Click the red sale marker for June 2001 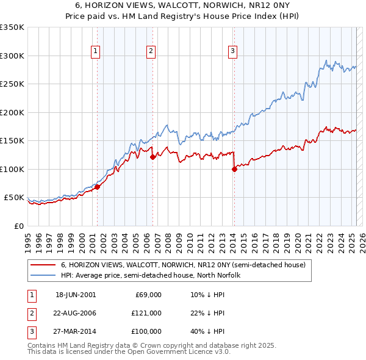(x=98, y=187)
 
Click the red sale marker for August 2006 (x=152, y=157)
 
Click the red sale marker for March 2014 (x=234, y=170)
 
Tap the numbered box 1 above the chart (x=96, y=52)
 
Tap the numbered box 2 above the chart (x=151, y=52)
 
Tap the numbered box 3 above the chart (x=232, y=52)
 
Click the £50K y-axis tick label (x=14, y=198)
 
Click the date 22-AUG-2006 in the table (x=76, y=313)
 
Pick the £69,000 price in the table (x=146, y=295)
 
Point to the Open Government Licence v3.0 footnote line (x=129, y=352)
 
